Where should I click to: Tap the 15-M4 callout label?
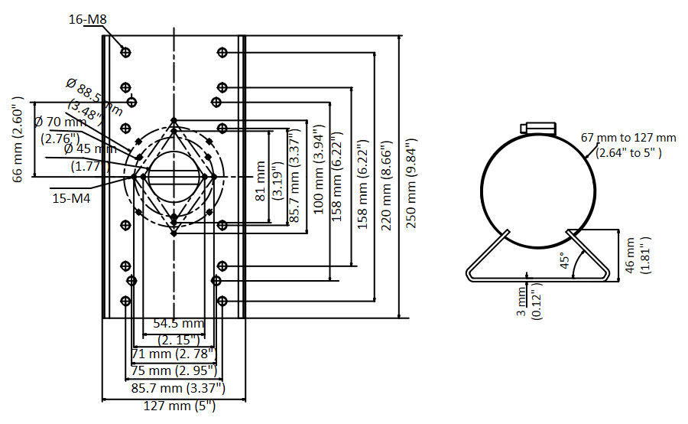point(72,197)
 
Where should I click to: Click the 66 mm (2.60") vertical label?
point(18,139)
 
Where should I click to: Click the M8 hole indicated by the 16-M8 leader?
point(125,52)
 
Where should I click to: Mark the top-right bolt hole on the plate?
point(222,52)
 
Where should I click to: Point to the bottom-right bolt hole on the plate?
point(222,301)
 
